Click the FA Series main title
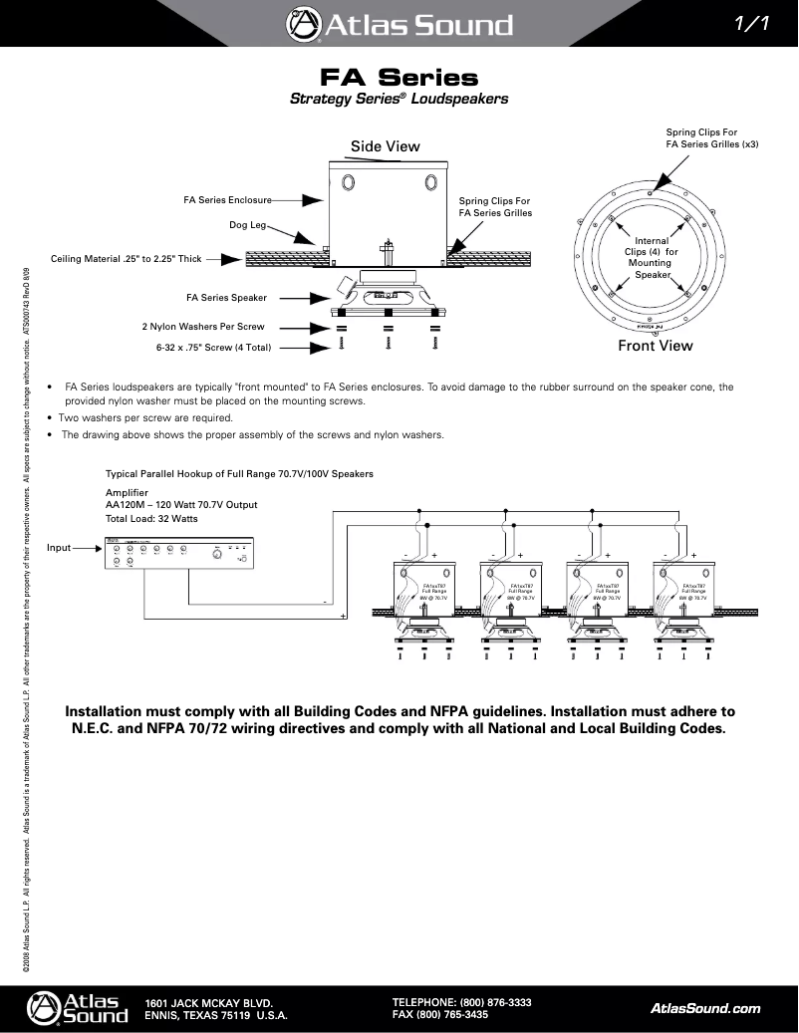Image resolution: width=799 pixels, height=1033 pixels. coord(399,78)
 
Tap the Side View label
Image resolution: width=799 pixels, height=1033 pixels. coord(385,146)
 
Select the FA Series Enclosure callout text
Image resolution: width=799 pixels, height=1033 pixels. coord(227,199)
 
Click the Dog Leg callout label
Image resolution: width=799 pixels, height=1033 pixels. coord(248,225)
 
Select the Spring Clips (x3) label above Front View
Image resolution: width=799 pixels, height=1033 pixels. coord(711,137)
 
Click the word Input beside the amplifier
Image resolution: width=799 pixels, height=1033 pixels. coord(60,547)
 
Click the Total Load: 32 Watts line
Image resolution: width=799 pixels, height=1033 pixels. coord(151,519)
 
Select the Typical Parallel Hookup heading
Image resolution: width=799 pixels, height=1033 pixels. coord(239,473)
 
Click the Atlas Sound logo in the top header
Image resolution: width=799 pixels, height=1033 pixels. coord(399,24)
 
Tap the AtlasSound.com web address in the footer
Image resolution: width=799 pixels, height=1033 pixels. coord(704,1008)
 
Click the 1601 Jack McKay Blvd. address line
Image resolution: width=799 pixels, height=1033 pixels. coord(209,1003)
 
